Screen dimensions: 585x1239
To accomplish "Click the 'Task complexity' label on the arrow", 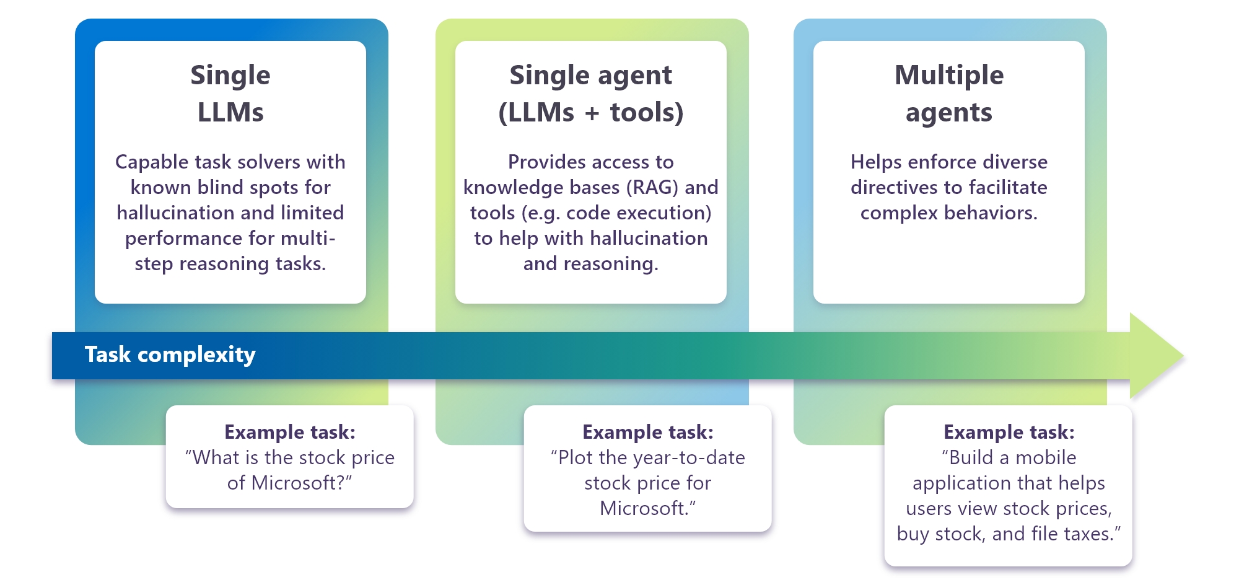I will click(x=170, y=354).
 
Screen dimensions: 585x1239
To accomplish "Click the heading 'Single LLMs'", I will click(x=230, y=93).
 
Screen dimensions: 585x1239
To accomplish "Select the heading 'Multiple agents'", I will click(x=948, y=93).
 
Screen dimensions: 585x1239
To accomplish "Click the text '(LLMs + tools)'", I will click(x=590, y=113).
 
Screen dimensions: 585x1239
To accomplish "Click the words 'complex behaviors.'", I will click(x=948, y=213).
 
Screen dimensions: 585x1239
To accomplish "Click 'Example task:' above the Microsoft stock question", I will click(x=290, y=432).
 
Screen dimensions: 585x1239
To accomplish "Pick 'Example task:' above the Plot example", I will click(x=647, y=432).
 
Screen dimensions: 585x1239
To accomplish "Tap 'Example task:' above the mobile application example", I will click(x=1009, y=432).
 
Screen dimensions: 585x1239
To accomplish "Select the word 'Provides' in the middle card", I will click(x=546, y=162).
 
